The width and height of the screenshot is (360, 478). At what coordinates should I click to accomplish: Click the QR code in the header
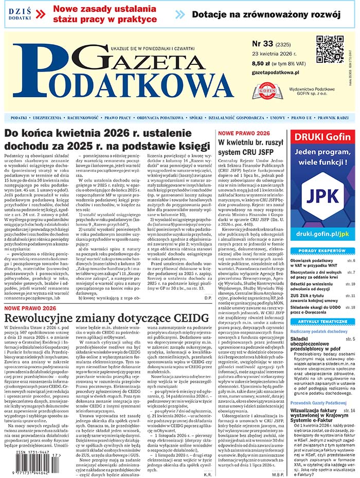(x=329, y=50)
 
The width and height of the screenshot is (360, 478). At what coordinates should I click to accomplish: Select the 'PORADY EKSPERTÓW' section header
(x=322, y=251)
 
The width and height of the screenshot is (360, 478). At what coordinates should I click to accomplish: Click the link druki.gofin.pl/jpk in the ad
(x=322, y=234)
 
